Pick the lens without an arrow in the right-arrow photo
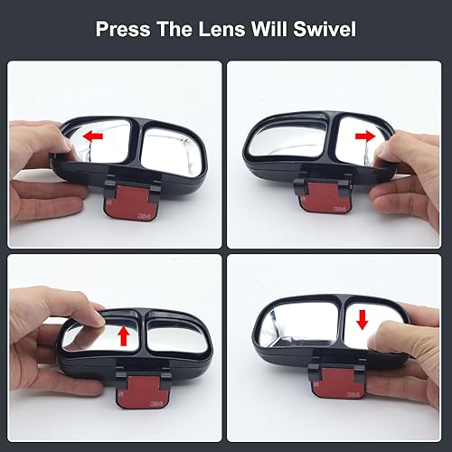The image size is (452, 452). coord(279,144)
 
